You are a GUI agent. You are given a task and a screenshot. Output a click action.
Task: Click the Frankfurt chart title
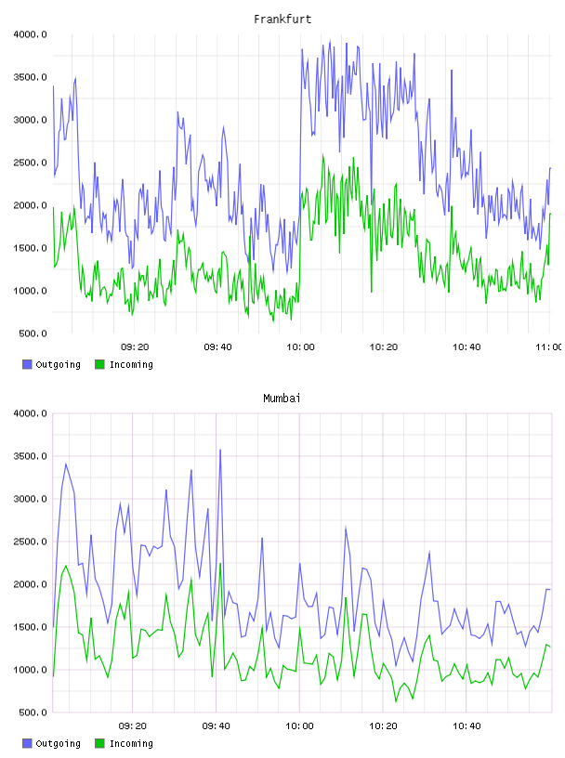[x=282, y=20]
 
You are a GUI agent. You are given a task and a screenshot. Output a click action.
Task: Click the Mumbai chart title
[x=282, y=399]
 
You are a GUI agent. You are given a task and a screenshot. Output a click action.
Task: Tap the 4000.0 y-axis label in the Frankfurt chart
[x=30, y=34]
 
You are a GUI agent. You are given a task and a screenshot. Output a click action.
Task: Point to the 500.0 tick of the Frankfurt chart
[x=33, y=333]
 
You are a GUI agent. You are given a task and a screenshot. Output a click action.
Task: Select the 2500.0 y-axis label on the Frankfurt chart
[x=30, y=163]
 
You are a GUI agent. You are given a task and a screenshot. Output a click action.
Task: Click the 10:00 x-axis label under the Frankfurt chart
[x=300, y=347]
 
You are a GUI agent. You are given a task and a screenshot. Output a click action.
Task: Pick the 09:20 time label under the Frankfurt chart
[x=135, y=347]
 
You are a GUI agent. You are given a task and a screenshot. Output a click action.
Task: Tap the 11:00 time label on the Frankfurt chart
[x=549, y=347]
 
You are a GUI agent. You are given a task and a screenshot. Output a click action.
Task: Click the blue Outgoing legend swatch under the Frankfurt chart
[x=27, y=364]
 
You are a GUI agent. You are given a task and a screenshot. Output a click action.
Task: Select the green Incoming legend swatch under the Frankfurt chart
[x=99, y=364]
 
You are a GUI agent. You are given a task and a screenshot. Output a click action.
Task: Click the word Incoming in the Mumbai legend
[x=131, y=743]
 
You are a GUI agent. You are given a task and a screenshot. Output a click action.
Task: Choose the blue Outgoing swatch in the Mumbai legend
[x=27, y=743]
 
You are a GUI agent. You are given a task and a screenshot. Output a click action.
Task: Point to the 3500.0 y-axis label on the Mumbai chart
[x=30, y=456]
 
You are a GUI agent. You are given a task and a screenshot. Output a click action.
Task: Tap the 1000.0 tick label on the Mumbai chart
[x=30, y=670]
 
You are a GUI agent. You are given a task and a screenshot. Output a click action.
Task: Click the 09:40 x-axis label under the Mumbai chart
[x=217, y=726]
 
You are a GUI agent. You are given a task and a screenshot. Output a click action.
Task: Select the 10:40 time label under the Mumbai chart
[x=466, y=726]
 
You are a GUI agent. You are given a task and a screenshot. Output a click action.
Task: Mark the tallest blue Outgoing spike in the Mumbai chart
[x=220, y=450]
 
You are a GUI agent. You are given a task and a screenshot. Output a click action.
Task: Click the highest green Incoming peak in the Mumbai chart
[x=220, y=564]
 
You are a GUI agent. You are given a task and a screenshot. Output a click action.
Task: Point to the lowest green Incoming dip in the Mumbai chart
[x=396, y=701]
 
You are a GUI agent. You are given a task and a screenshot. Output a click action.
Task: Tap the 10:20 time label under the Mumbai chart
[x=383, y=726]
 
